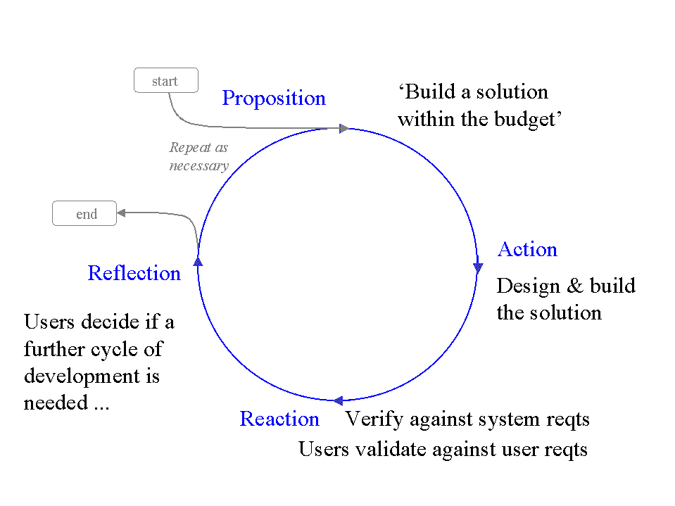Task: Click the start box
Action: pyautogui.click(x=165, y=80)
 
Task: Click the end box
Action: pyautogui.click(x=84, y=214)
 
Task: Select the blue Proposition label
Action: pyautogui.click(x=274, y=99)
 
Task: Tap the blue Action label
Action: pyautogui.click(x=527, y=250)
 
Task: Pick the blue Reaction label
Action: pyautogui.click(x=279, y=419)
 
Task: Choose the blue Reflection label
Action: pyautogui.click(x=134, y=274)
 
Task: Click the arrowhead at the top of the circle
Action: pyautogui.click(x=343, y=128)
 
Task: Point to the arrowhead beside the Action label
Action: pyautogui.click(x=478, y=267)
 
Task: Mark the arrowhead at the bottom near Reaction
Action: pyautogui.click(x=339, y=400)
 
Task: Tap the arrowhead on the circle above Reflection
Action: pyautogui.click(x=198, y=261)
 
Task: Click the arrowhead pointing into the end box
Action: pyautogui.click(x=122, y=213)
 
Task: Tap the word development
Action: pyautogui.click(x=82, y=377)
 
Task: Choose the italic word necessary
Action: pyautogui.click(x=199, y=166)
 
